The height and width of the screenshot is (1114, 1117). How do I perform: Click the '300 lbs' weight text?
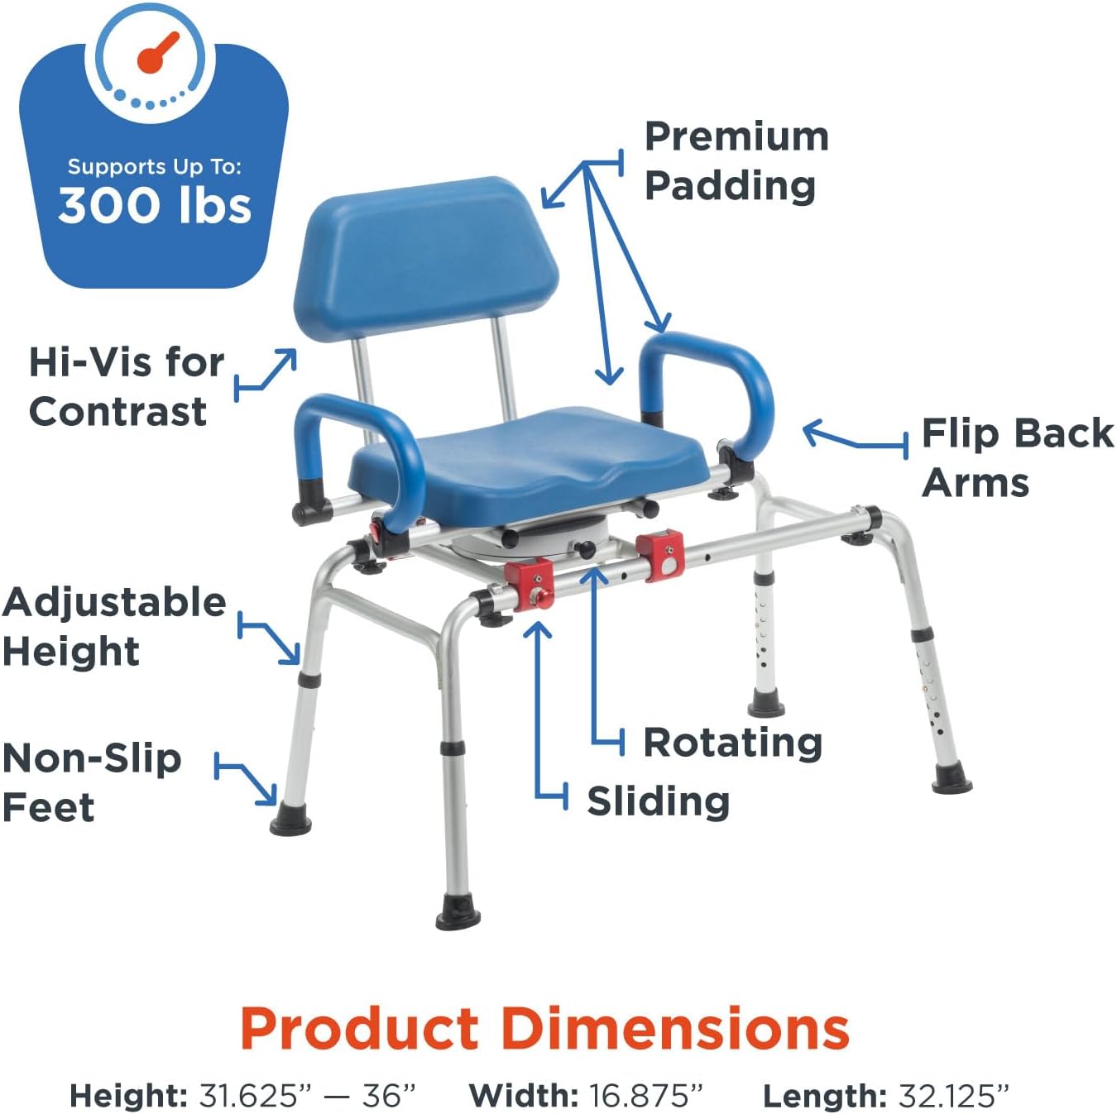(x=155, y=206)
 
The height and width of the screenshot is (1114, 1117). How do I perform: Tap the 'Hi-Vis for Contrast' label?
(x=124, y=386)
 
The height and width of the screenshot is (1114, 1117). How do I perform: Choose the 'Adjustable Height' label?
(x=113, y=626)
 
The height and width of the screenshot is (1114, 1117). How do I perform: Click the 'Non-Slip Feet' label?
(x=91, y=782)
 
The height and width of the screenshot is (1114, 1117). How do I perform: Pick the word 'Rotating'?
(x=732, y=742)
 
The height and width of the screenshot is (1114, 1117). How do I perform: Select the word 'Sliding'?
(x=658, y=801)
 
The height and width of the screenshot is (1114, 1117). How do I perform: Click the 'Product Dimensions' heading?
(x=545, y=1029)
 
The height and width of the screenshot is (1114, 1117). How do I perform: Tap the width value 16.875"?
(x=645, y=1096)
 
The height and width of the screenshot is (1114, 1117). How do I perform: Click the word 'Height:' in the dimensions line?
(x=129, y=1096)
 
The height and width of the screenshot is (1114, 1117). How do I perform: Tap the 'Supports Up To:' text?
(x=155, y=167)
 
